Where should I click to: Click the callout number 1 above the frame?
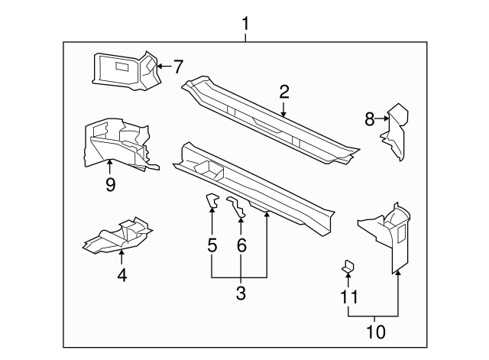(x=246, y=24)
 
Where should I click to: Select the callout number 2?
(x=283, y=92)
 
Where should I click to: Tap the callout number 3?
(x=241, y=294)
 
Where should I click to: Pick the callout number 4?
(x=122, y=275)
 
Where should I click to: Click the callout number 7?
(x=178, y=66)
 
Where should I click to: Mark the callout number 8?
(x=370, y=119)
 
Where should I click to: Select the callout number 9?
(x=110, y=185)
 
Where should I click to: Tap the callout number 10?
(x=376, y=332)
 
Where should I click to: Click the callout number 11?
(x=349, y=297)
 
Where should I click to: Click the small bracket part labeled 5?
(x=212, y=200)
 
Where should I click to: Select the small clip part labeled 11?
(x=348, y=266)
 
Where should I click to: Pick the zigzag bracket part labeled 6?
(x=236, y=206)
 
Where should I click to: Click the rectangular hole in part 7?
(x=122, y=66)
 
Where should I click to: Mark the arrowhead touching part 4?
(x=121, y=252)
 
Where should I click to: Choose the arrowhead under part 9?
(x=110, y=161)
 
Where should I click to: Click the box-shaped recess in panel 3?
(x=209, y=170)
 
